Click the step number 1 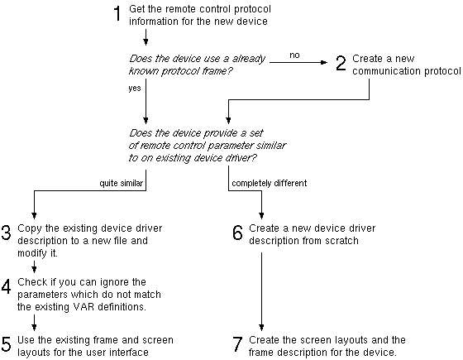click(117, 14)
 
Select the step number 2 click(341, 65)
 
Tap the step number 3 click(7, 233)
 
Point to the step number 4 click(7, 287)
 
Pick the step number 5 click(7, 344)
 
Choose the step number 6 click(238, 233)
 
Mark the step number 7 click(238, 344)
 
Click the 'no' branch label click(294, 55)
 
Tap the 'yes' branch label click(134, 87)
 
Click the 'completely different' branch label click(270, 182)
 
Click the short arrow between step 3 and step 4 click(34, 266)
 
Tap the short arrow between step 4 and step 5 click(34, 321)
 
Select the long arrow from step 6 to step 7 click(262, 290)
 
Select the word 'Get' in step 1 click(139, 9)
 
